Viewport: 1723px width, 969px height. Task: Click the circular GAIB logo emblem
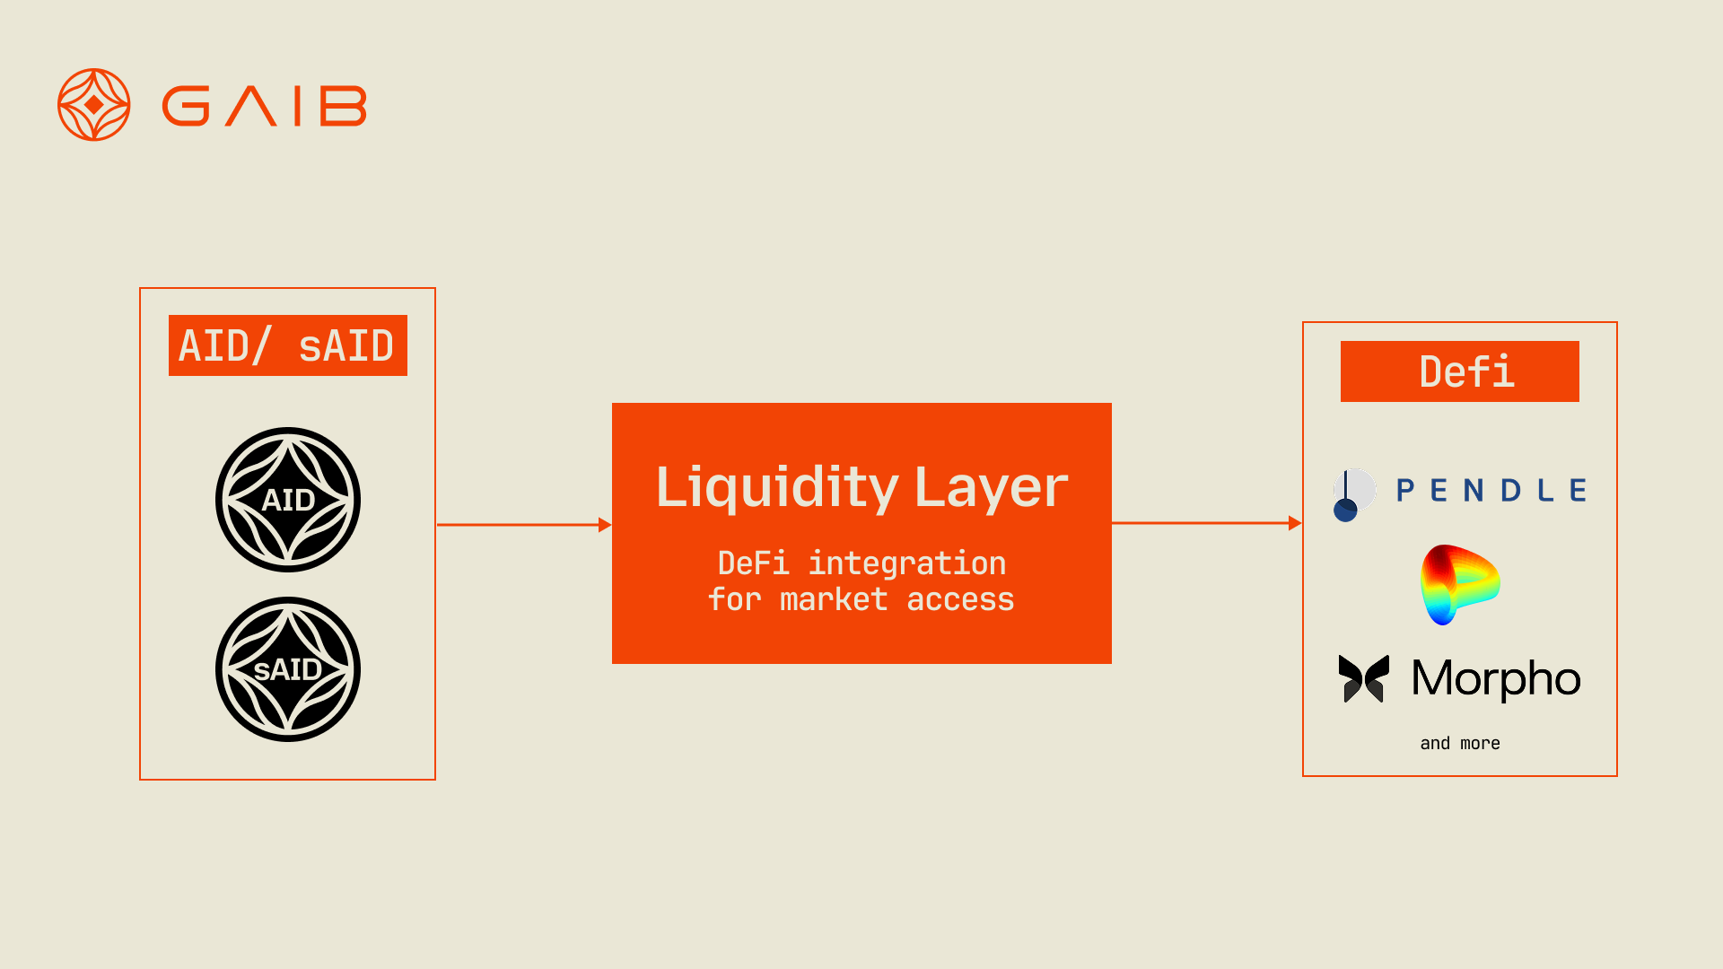pyautogui.click(x=94, y=105)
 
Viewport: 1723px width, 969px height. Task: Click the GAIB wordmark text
pyautogui.click(x=264, y=106)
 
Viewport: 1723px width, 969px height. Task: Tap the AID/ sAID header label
pyautogui.click(x=287, y=345)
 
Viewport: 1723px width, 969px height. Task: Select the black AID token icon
pyautogui.click(x=288, y=500)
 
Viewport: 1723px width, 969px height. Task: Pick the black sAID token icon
pyautogui.click(x=288, y=669)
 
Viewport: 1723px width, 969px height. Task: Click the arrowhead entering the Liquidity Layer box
pyautogui.click(x=605, y=525)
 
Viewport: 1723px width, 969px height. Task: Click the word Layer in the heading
pyautogui.click(x=991, y=490)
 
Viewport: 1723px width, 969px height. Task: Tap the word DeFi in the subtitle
pyautogui.click(x=753, y=563)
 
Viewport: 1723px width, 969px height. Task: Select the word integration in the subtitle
pyautogui.click(x=907, y=563)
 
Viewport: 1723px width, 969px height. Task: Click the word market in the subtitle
pyautogui.click(x=834, y=599)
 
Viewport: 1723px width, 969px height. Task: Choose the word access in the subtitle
pyautogui.click(x=960, y=599)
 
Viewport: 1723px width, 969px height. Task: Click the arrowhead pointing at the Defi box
pyautogui.click(x=1295, y=523)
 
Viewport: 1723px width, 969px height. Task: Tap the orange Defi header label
pyautogui.click(x=1459, y=371)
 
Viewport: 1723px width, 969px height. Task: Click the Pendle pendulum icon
pyautogui.click(x=1354, y=494)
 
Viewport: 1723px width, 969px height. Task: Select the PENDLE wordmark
pyautogui.click(x=1491, y=490)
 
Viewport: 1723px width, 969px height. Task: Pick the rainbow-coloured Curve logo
pyautogui.click(x=1460, y=585)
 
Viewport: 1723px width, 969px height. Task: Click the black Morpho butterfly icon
pyautogui.click(x=1364, y=678)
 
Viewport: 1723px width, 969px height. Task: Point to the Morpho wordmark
pyautogui.click(x=1496, y=679)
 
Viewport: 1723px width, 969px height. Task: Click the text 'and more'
pyautogui.click(x=1460, y=743)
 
